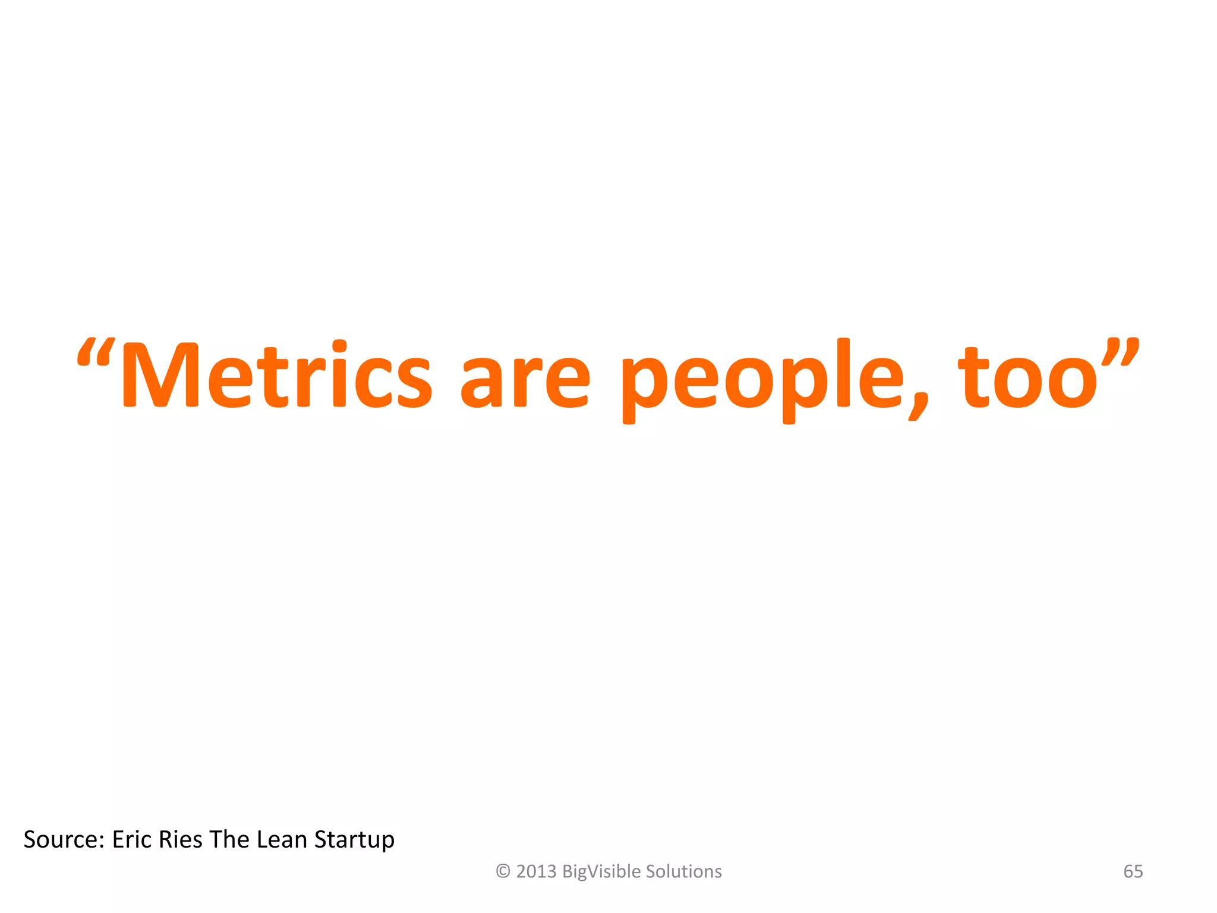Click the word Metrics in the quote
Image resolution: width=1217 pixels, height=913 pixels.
(x=276, y=376)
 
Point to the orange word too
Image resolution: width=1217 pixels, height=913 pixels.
(x=1028, y=378)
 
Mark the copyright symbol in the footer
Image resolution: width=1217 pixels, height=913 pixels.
(x=503, y=871)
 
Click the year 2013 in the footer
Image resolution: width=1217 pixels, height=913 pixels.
(x=536, y=871)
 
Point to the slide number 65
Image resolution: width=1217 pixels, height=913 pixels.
(x=1133, y=871)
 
